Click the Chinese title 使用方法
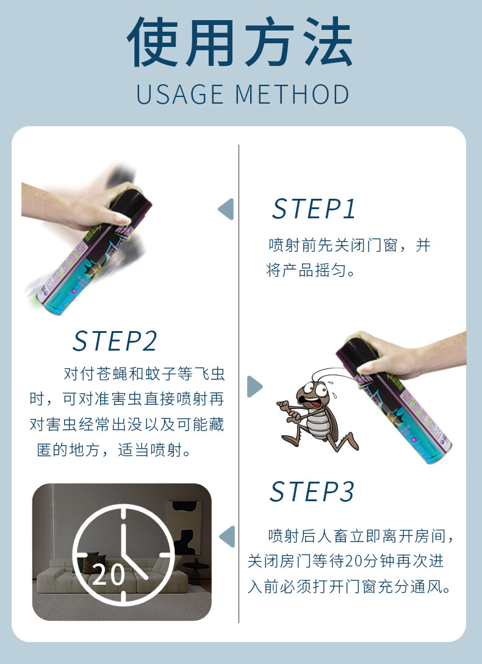click(x=240, y=41)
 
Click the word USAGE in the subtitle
click(x=180, y=95)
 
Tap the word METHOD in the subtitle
click(x=292, y=95)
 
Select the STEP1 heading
click(x=314, y=209)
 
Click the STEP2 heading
click(x=115, y=341)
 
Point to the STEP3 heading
click(x=312, y=491)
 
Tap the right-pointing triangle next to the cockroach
click(x=255, y=386)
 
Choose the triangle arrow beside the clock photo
click(x=227, y=537)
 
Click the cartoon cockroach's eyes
click(x=316, y=389)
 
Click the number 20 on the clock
click(x=109, y=574)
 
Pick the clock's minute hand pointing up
click(x=123, y=534)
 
